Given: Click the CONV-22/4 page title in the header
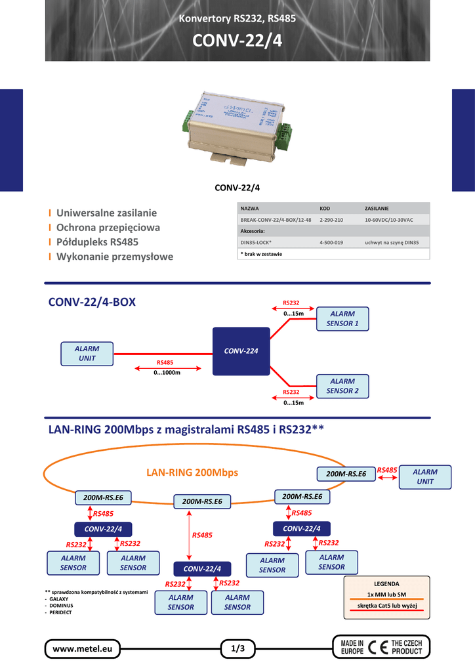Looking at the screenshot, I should (237, 41).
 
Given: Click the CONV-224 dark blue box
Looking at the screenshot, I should (241, 351).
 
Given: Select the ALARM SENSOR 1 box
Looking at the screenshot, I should (342, 319).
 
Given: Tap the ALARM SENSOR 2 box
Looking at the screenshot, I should (342, 386).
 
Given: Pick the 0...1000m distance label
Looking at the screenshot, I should (167, 373).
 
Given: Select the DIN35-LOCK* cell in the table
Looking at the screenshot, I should (256, 243).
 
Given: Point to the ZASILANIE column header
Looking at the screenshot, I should (377, 208).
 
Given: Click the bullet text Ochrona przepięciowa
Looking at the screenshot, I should (108, 228).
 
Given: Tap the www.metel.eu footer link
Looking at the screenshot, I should (83, 649).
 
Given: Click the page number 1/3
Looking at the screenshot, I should (237, 649).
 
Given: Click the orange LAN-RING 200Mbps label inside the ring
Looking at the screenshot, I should (192, 472).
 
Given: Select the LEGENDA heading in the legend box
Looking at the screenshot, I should (386, 583).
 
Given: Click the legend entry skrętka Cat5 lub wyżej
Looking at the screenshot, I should (386, 606).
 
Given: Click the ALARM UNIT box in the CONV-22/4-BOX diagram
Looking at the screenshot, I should (87, 354).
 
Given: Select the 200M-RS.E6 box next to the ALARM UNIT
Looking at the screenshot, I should (346, 474).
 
